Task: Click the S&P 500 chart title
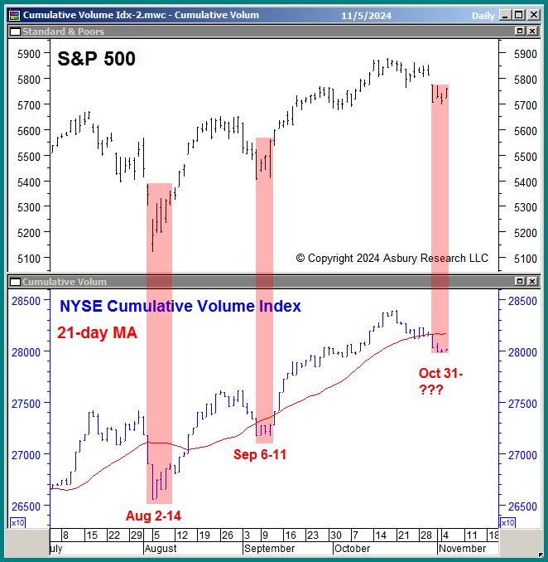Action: click(96, 59)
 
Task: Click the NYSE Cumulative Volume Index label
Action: click(180, 307)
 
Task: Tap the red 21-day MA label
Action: click(97, 333)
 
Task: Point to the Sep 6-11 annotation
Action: click(260, 454)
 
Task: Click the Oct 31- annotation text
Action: click(440, 374)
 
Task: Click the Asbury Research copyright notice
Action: click(392, 259)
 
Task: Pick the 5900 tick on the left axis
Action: click(29, 54)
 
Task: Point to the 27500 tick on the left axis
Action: click(25, 404)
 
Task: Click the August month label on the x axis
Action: click(161, 549)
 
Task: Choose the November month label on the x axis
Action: click(461, 549)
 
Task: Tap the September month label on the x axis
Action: click(270, 549)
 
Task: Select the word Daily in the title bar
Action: click(483, 15)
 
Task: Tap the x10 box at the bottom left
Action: click(17, 522)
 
